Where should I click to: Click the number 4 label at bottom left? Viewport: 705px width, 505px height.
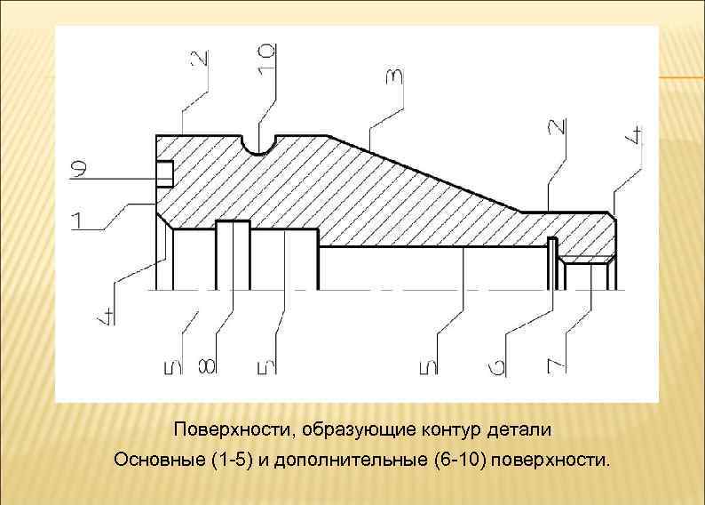(x=106, y=314)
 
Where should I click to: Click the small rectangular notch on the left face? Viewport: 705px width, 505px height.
(x=164, y=173)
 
